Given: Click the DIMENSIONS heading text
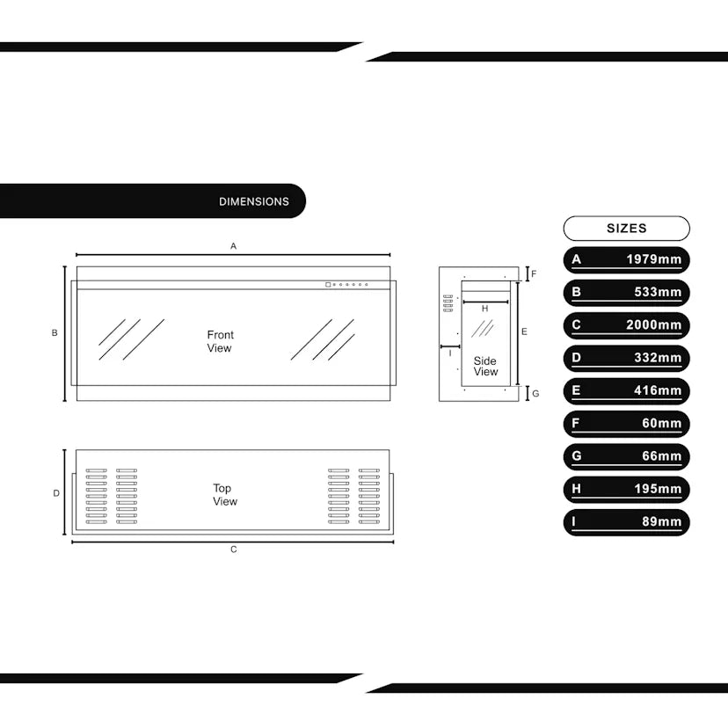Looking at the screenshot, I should pos(253,201).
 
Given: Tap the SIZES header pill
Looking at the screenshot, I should pos(626,229).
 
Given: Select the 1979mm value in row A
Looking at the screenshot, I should pos(653,259).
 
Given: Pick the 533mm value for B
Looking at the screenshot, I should pos(658,292).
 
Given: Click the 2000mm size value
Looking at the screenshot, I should pos(653,325).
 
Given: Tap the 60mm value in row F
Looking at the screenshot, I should pos(661,424).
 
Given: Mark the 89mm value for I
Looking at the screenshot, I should pos(661,522).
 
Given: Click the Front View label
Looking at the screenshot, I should pos(220,341).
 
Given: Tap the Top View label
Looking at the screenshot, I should pos(224,495).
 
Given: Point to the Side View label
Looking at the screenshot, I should pos(485,366).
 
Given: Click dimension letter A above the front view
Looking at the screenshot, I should pos(233,246).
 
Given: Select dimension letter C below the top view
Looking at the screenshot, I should pos(233,550).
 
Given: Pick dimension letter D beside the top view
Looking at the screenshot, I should pos(56,493).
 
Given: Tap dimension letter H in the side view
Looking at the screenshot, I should pos(484,309).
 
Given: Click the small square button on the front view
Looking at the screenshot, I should pos(327,284).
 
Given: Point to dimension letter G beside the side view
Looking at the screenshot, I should pos(535,393).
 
